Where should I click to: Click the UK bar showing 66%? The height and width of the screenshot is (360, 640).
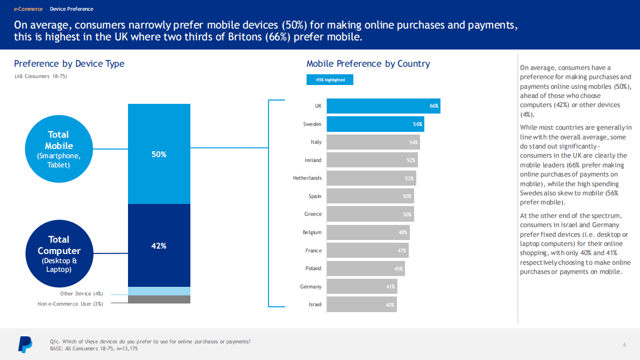coord(383,106)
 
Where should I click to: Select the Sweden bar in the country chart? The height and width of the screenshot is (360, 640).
coord(375,124)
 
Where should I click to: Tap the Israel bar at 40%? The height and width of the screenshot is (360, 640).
coord(361,305)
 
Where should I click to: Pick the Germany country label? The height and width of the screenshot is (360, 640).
coord(310,287)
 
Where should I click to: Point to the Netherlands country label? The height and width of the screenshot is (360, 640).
coord(307,178)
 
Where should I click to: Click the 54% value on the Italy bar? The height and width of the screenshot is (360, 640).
coord(414,142)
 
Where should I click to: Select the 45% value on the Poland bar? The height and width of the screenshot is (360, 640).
coord(399,269)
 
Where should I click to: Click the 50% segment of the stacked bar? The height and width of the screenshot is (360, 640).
coord(159,154)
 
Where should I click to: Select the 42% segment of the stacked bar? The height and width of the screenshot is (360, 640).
coord(159,245)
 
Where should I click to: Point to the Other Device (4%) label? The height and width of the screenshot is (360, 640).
coord(81,294)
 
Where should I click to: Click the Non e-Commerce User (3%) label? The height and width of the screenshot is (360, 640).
coord(70,303)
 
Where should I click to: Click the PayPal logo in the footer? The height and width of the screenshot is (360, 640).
coord(25,344)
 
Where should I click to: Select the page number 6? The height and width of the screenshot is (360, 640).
coord(624,344)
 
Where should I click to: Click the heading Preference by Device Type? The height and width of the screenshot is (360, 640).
coord(69,63)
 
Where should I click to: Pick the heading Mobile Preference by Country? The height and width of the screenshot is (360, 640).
coord(368,63)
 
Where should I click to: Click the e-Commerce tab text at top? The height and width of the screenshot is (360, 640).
coord(28,9)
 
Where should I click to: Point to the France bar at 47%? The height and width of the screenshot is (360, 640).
coord(367,250)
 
